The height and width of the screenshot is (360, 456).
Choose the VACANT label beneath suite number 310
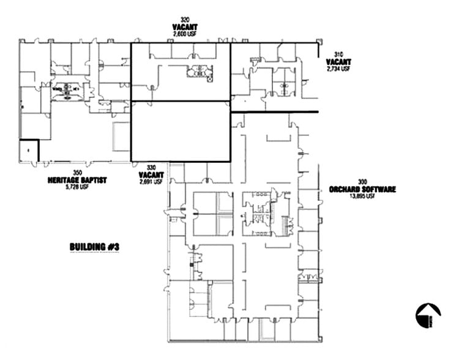(338, 62)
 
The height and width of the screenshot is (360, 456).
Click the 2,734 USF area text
(338, 69)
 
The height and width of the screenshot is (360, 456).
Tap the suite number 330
(150, 167)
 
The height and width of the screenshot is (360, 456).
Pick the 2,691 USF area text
(150, 182)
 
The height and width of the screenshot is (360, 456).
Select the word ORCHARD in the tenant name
(345, 189)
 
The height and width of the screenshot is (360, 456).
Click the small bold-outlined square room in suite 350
(29, 151)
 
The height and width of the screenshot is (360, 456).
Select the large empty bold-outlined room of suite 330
(181, 131)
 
